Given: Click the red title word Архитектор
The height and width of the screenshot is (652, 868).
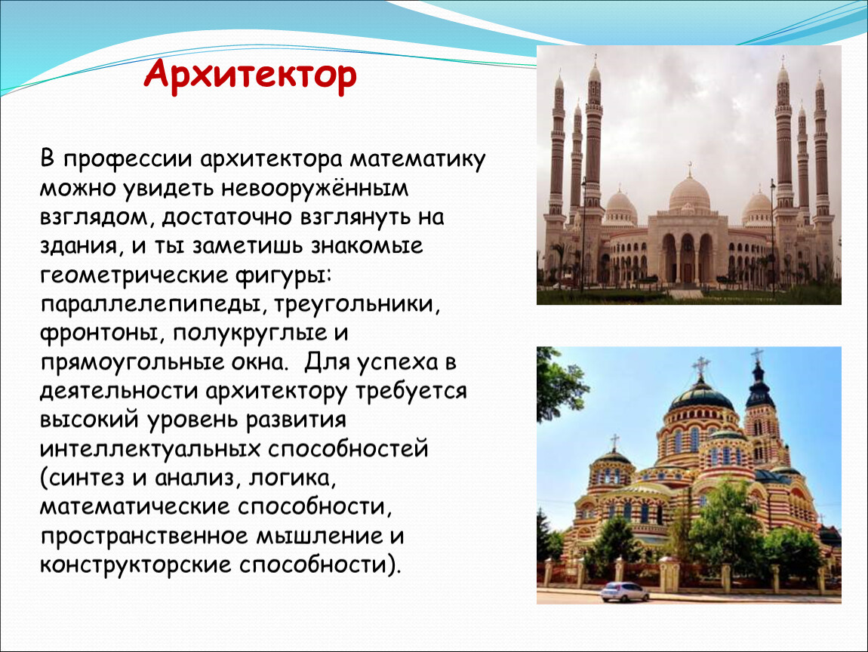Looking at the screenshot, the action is [251, 75].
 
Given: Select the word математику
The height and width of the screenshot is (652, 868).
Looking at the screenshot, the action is [417, 159].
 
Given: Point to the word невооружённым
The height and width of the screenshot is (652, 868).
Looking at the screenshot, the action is [315, 188].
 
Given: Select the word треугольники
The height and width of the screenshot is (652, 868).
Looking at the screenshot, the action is [356, 304].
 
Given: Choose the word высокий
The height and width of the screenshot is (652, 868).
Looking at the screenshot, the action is [88, 420].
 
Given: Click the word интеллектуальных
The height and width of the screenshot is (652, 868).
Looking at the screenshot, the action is [149, 449].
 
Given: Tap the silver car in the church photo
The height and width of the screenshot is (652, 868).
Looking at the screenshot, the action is [625, 592].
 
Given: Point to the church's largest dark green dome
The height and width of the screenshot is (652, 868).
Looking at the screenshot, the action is [701, 395].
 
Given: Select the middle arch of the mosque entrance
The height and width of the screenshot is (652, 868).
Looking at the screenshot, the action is [688, 257].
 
